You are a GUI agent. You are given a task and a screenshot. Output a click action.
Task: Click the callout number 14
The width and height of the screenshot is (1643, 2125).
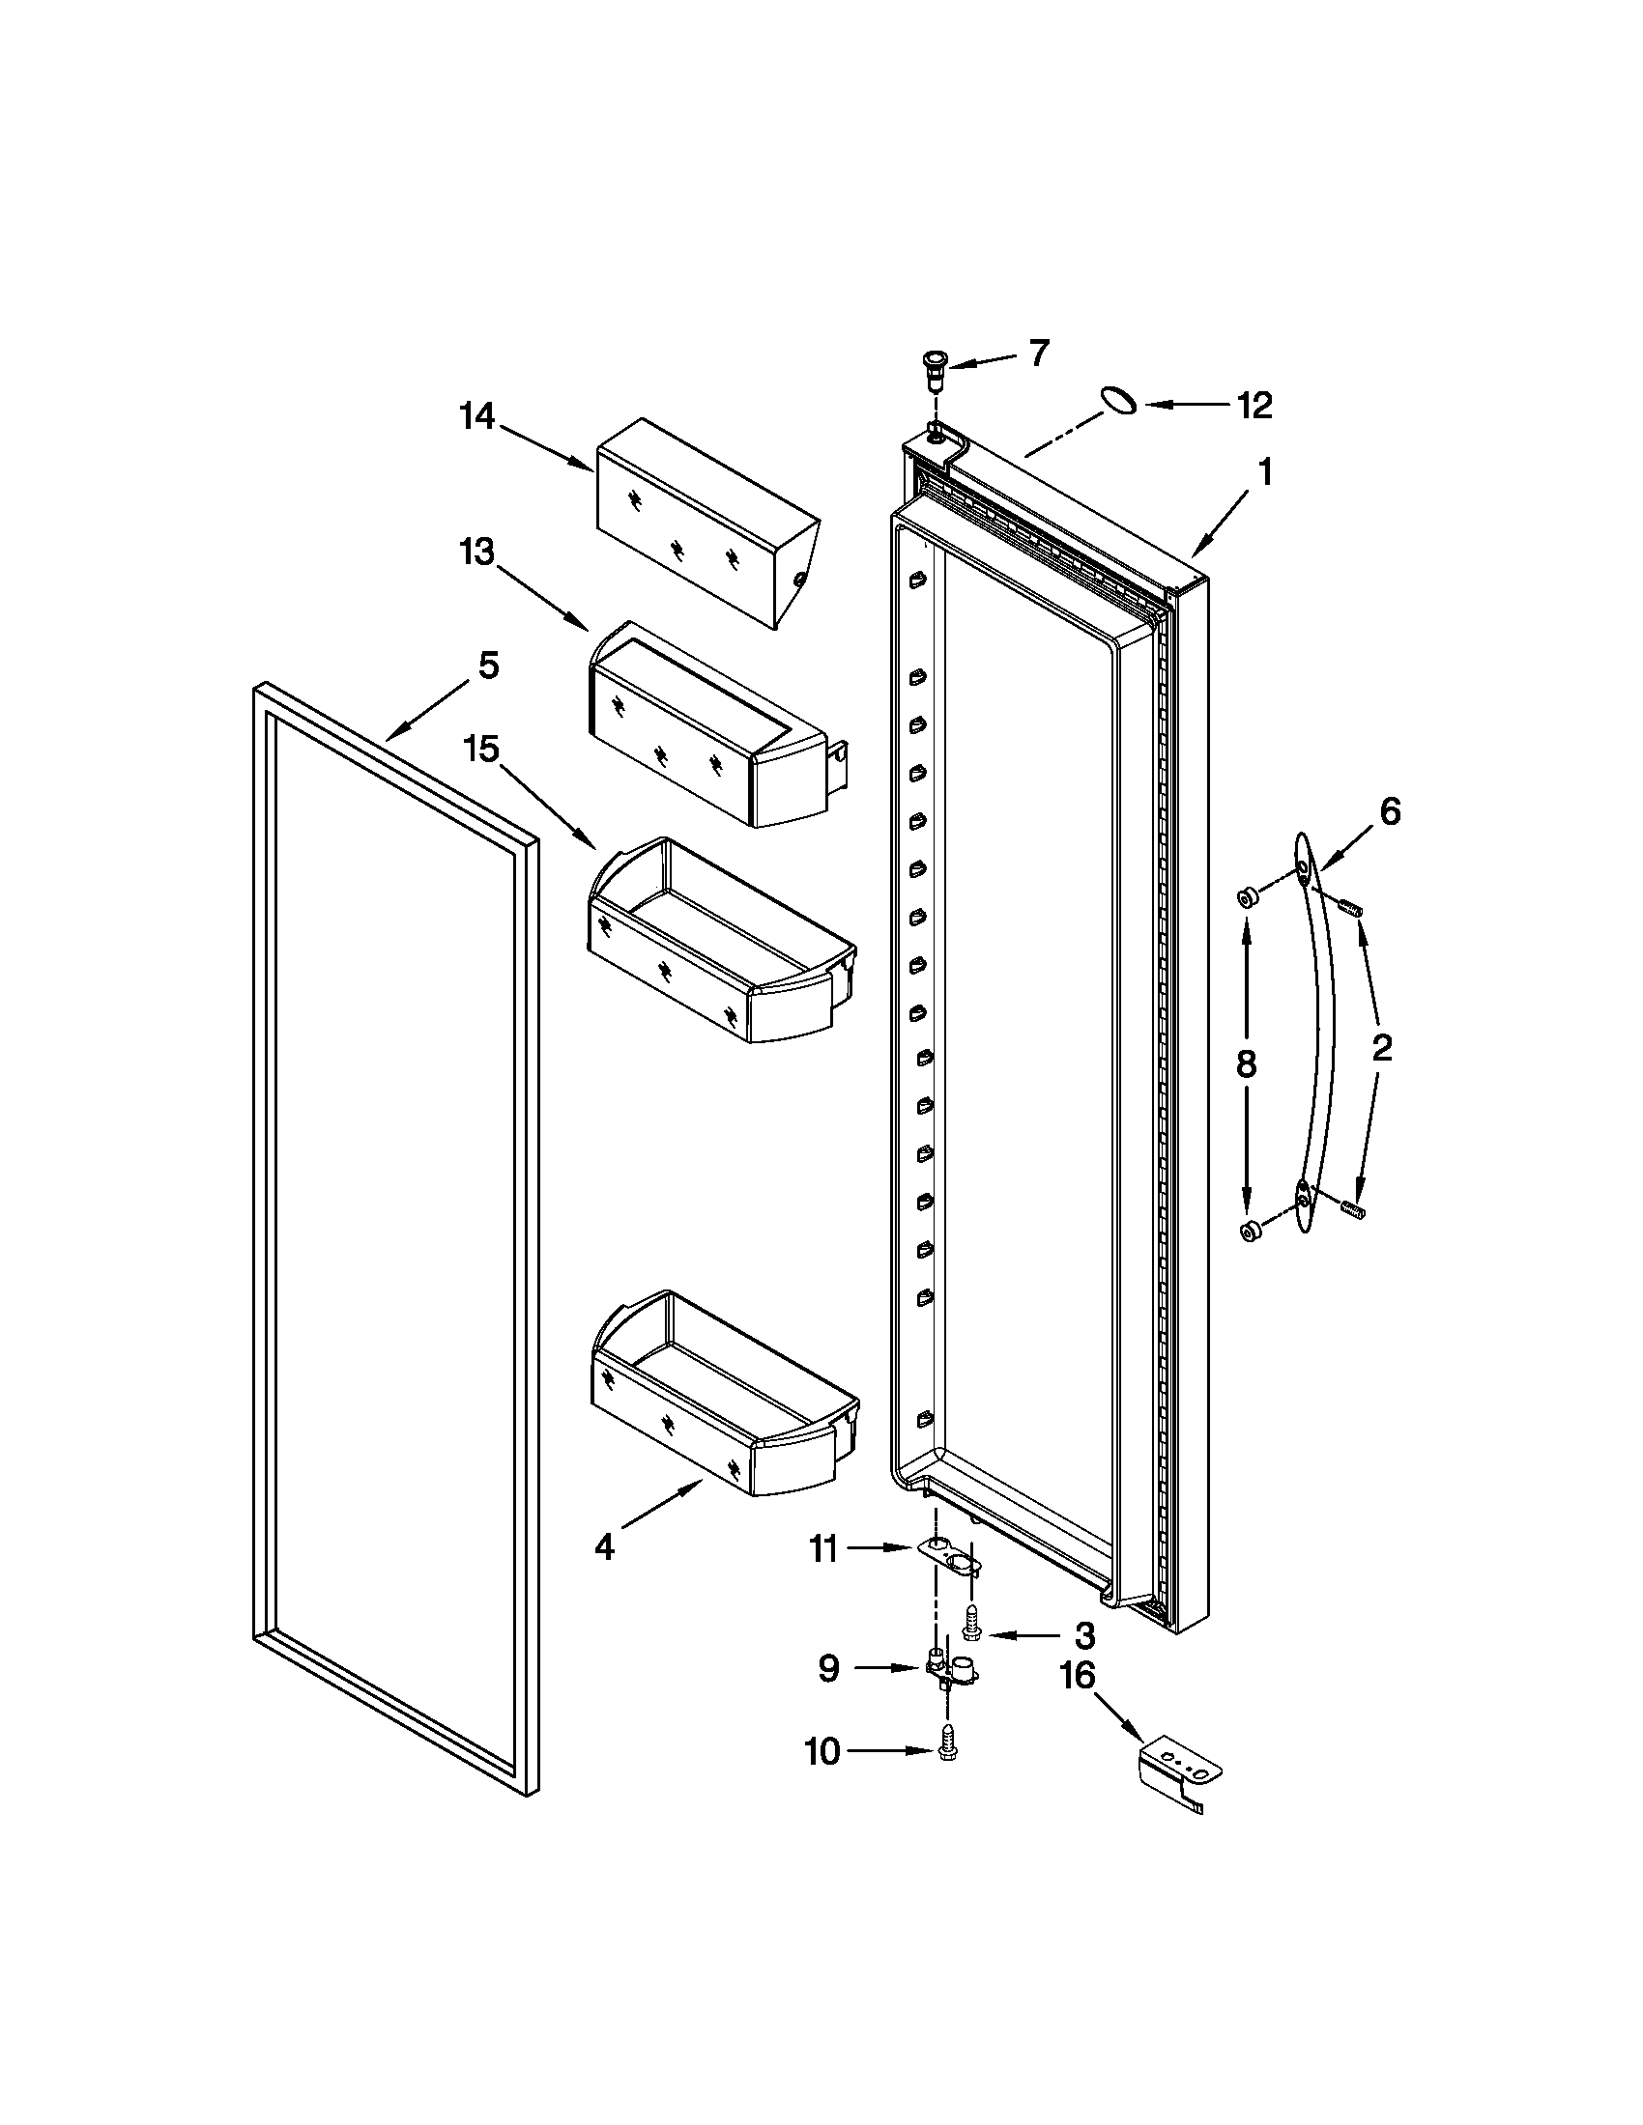477,417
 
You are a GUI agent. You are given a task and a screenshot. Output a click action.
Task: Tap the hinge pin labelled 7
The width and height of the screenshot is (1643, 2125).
936,370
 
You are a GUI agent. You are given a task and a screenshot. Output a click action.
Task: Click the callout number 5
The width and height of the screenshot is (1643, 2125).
489,666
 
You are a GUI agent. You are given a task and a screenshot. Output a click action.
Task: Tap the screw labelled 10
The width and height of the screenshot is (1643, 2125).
945,1752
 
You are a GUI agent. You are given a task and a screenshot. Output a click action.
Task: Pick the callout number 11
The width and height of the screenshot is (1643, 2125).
823,1548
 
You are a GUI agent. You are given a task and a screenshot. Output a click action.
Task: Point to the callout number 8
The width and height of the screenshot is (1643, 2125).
1247,1064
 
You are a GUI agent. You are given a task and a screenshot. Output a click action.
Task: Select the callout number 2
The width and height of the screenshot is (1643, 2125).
1381,1048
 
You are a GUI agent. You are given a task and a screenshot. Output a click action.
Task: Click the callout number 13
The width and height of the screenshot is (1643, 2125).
477,552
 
